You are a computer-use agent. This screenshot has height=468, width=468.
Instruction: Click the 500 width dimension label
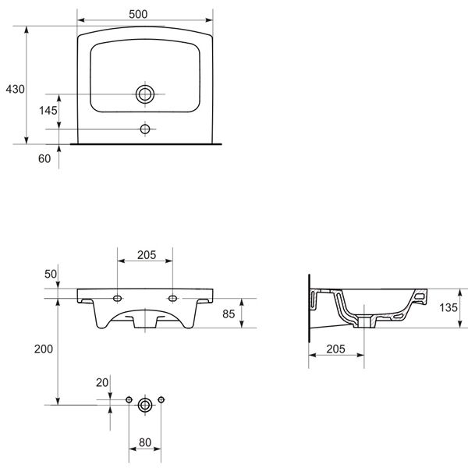tap(138, 14)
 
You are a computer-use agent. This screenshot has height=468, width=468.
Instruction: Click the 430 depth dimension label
tap(16, 89)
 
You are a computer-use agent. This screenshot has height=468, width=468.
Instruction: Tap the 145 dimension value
tap(48, 111)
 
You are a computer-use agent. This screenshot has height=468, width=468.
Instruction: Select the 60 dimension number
tap(44, 159)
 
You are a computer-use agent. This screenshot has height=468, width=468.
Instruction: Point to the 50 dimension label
tap(51, 274)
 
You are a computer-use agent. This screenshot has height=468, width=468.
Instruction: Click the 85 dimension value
tap(229, 314)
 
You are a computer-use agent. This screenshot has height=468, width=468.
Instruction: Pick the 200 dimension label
tap(44, 349)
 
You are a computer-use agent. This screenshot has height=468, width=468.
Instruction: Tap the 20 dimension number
tap(102, 383)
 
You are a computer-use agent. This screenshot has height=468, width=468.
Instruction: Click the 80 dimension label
tap(145, 442)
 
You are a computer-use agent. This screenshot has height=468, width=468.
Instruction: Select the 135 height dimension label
tap(448, 308)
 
